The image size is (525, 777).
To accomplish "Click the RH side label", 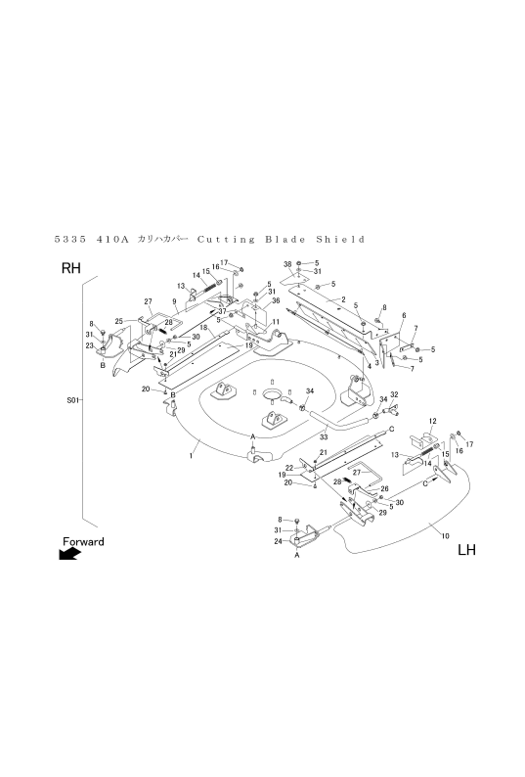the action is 70,268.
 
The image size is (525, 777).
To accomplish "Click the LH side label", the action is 466,550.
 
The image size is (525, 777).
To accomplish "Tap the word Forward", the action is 83,541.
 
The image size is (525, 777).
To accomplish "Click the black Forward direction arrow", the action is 69,554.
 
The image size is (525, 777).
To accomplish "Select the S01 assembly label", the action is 72,399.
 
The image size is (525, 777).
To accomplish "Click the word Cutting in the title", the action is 226,240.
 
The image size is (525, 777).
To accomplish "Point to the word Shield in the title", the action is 341,240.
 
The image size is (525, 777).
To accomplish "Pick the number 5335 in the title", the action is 69,240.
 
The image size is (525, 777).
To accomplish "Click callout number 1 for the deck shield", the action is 191,456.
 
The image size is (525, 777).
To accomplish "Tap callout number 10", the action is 445,535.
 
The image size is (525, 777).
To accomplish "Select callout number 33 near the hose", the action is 324,437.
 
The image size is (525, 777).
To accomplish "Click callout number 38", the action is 287,264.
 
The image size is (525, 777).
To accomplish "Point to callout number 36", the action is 276,300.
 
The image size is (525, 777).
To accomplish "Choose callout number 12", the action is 432,421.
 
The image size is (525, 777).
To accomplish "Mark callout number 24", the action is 278,541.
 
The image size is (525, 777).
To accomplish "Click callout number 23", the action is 89,345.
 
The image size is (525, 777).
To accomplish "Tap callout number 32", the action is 394,394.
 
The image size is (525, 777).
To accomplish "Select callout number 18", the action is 203,328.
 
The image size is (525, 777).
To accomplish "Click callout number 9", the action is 174,301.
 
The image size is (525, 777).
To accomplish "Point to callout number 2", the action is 343,299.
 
